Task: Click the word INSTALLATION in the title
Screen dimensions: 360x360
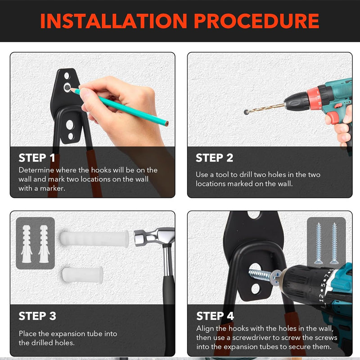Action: pyautogui.click(x=113, y=21)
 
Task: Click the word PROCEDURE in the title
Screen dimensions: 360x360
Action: pyautogui.click(x=256, y=21)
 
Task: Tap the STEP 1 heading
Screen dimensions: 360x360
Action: pyautogui.click(x=37, y=158)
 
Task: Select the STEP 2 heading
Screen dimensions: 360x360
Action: pyautogui.click(x=215, y=158)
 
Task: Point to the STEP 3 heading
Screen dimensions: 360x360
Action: pyautogui.click(x=37, y=316)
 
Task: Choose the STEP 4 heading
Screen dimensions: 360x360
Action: pyautogui.click(x=215, y=316)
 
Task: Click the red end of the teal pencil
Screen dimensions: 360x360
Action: pyautogui.click(x=166, y=123)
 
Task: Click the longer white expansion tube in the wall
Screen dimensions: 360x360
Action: pyautogui.click(x=94, y=239)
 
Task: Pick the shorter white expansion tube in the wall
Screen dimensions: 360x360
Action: pyautogui.click(x=82, y=274)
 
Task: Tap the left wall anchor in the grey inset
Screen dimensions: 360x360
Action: pyautogui.click(x=27, y=244)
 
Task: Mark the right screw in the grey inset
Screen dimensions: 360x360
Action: pyautogui.click(x=334, y=243)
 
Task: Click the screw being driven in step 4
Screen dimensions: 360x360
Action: pyautogui.click(x=265, y=275)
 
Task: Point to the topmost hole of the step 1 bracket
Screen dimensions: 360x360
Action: pyautogui.click(x=67, y=76)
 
